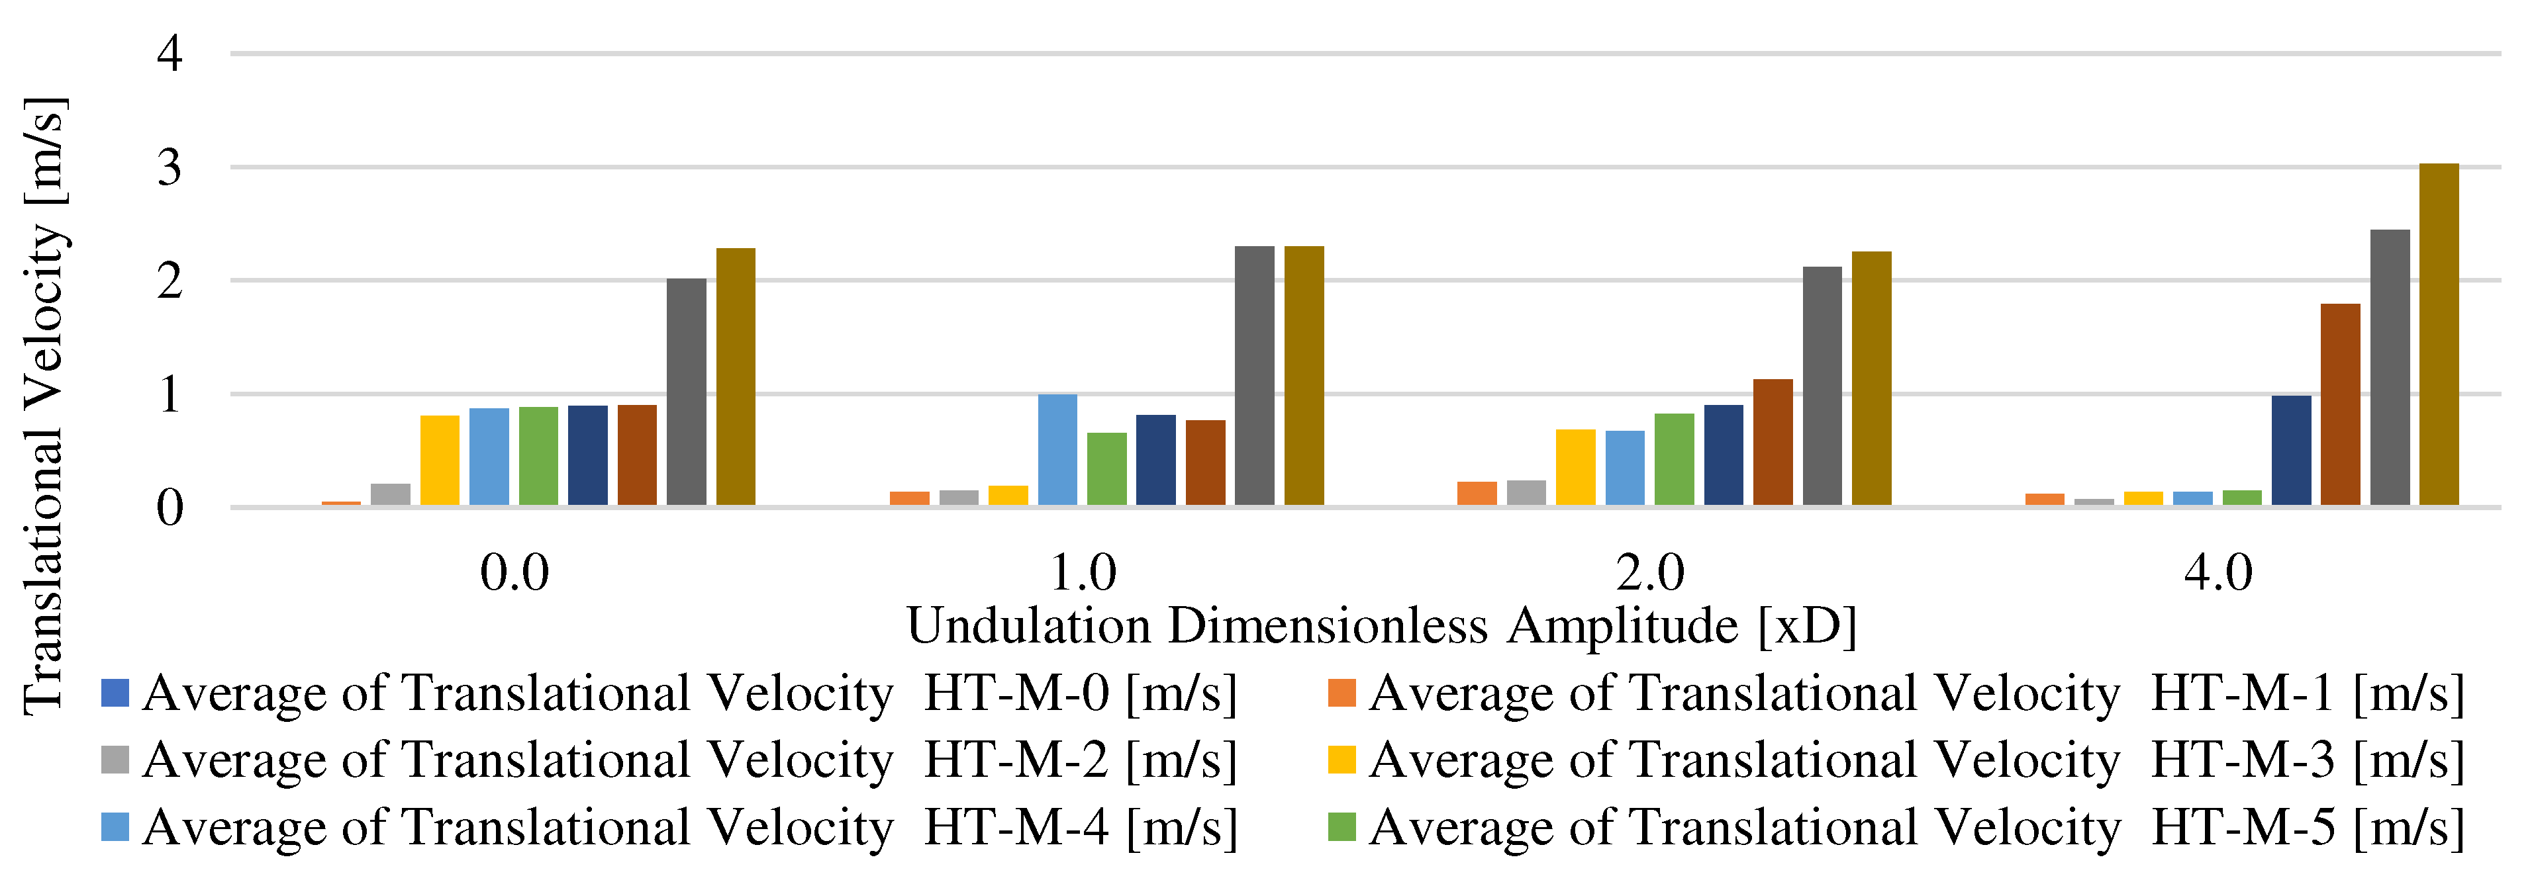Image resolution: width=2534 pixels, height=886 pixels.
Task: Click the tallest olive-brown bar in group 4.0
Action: click(2439, 334)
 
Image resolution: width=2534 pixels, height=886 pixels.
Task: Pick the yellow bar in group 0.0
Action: click(440, 461)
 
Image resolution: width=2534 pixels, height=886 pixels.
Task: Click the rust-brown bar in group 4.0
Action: click(2340, 404)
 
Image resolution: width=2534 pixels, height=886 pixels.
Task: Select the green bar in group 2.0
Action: click(1675, 459)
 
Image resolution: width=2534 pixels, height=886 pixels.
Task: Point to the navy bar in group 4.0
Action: click(2291, 451)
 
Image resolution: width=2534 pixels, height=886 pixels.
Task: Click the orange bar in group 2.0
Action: click(1477, 494)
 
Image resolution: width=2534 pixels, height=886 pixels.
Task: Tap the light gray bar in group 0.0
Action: click(391, 495)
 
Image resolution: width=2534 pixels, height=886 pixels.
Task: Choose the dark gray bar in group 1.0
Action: click(1254, 376)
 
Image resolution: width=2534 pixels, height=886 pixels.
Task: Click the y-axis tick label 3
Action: click(170, 168)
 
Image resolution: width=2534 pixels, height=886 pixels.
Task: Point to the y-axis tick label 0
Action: click(170, 508)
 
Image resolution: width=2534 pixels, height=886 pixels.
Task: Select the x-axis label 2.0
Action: click(1649, 572)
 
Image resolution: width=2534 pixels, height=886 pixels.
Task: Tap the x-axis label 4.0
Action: click(2218, 572)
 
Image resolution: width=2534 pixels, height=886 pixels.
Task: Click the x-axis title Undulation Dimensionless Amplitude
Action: click(1381, 625)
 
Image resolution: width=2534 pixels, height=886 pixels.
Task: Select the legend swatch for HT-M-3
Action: click(1341, 760)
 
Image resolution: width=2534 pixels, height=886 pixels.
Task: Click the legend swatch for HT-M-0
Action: click(115, 693)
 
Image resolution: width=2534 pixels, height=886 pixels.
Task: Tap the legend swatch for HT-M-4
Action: click(115, 827)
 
